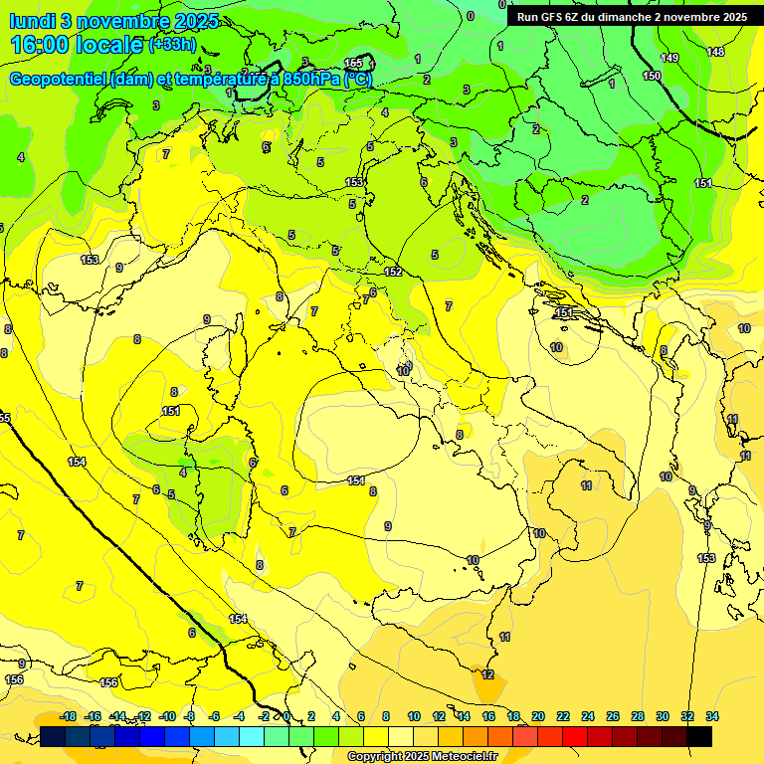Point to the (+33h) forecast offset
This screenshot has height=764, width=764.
pyautogui.click(x=171, y=44)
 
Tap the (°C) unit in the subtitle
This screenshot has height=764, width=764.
pyautogui.click(x=358, y=79)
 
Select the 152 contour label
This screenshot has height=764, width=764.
pyautogui.click(x=393, y=271)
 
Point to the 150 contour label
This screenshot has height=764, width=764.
pyautogui.click(x=652, y=76)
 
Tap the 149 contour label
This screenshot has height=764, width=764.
pyautogui.click(x=669, y=58)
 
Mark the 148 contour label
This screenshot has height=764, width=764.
pyautogui.click(x=715, y=52)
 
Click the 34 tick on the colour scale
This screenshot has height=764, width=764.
pyautogui.click(x=711, y=716)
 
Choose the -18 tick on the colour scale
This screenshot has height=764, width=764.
pyautogui.click(x=68, y=716)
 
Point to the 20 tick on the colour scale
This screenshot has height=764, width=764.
pyautogui.click(x=538, y=716)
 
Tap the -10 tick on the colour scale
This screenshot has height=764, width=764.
pyautogui.click(x=167, y=716)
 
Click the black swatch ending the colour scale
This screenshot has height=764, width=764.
pyautogui.click(x=699, y=736)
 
